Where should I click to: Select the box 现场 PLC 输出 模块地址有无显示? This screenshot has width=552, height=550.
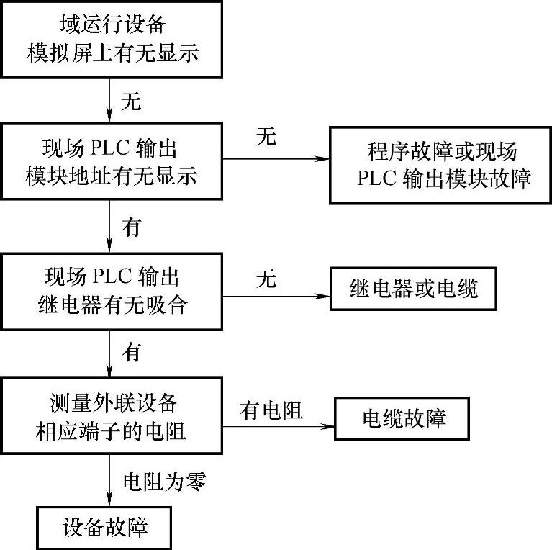(112, 163)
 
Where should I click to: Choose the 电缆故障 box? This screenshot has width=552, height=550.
(404, 418)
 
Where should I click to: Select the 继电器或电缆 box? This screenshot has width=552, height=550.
(414, 289)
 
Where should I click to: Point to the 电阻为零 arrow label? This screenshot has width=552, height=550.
(166, 482)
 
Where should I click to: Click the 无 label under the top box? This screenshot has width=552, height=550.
(130, 102)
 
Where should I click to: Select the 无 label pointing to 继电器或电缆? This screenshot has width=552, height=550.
(266, 279)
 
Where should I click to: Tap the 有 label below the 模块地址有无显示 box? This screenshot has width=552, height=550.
(130, 228)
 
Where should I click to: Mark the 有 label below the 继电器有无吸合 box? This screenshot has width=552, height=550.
(130, 353)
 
